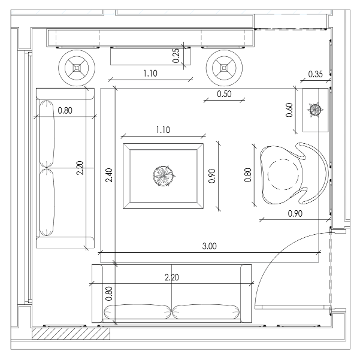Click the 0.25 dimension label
[x=176, y=56]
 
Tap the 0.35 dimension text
[x=315, y=74]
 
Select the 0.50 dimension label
[x=224, y=94]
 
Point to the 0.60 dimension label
[x=289, y=110]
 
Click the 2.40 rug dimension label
[x=109, y=176]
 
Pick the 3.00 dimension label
[x=209, y=246]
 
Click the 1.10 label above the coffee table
[x=163, y=130]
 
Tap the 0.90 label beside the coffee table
[x=212, y=176]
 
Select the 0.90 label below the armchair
[x=295, y=213]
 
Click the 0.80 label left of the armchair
[x=248, y=176]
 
